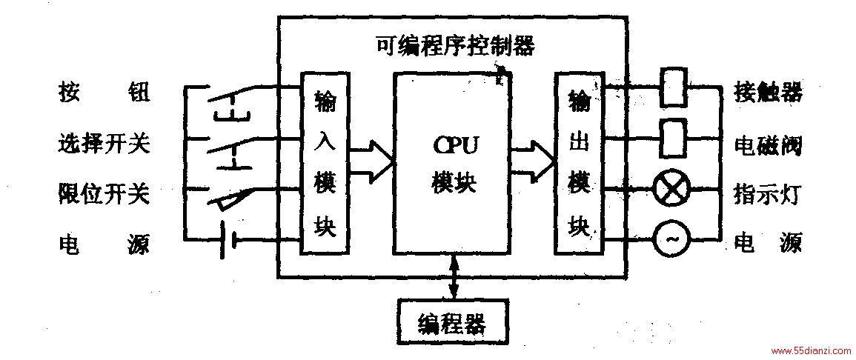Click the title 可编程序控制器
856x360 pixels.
(x=455, y=47)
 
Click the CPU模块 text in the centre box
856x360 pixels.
(x=454, y=163)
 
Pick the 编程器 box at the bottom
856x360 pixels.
(x=453, y=321)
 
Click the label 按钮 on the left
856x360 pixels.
(x=103, y=93)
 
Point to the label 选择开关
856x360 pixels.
(x=103, y=144)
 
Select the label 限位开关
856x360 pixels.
(x=103, y=193)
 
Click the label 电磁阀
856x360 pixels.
(x=768, y=145)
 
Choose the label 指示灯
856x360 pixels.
(x=767, y=193)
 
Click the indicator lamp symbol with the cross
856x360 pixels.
(x=671, y=190)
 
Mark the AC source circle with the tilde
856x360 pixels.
(x=671, y=239)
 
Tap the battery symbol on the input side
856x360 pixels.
(x=229, y=240)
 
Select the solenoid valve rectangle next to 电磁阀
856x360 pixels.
(x=672, y=139)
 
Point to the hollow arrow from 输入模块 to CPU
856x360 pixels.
(x=371, y=160)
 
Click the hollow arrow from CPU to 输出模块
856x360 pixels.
(x=533, y=160)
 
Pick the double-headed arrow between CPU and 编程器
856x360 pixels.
(x=453, y=276)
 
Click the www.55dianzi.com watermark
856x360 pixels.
(x=812, y=350)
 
